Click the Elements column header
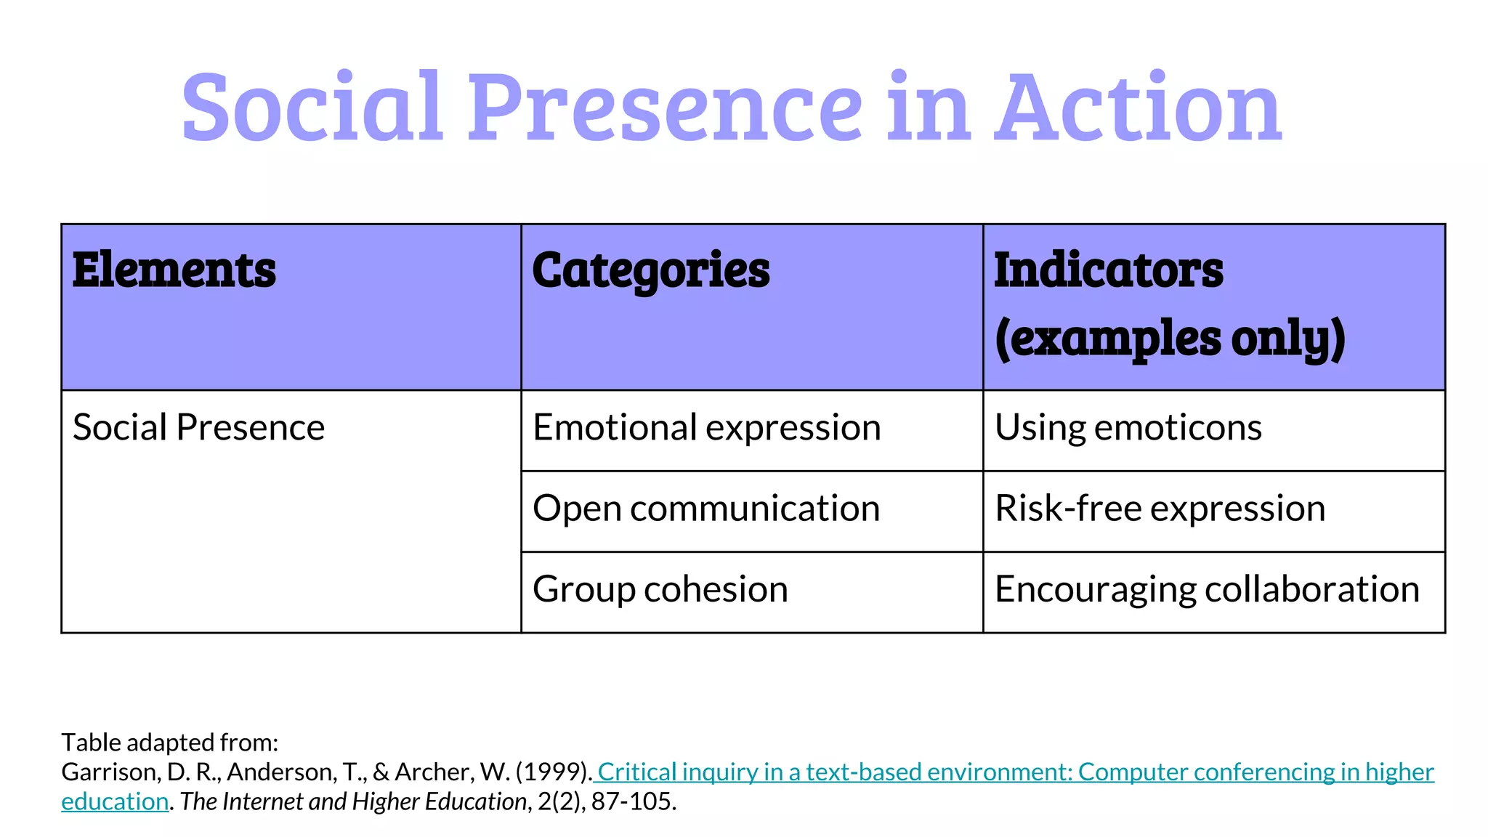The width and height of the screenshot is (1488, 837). coord(174,270)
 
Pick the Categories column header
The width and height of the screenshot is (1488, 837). coord(650,270)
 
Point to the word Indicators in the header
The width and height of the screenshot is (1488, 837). coord(1108,270)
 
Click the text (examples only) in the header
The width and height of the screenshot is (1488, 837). coord(1170,339)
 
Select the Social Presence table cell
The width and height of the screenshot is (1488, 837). coord(198,427)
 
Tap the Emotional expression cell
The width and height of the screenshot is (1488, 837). coord(706,427)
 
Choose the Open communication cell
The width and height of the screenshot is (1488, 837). coord(706,508)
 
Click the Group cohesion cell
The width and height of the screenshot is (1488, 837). coord(660,589)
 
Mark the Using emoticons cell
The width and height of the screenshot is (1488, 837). coord(1128,427)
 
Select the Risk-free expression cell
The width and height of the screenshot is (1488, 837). coord(1160,508)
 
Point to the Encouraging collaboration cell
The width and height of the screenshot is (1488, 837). coord(1206,589)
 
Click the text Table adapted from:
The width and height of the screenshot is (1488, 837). coord(170,743)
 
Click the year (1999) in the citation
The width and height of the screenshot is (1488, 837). coord(552,772)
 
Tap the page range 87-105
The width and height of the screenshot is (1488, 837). coord(633,801)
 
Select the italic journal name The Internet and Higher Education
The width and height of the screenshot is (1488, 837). coord(353,801)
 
